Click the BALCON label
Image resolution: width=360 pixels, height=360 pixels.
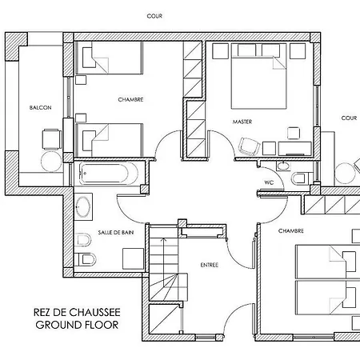(40, 108)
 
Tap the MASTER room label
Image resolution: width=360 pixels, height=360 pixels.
(242, 122)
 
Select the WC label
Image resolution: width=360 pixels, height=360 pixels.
(269, 182)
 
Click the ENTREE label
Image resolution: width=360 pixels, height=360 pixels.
(210, 265)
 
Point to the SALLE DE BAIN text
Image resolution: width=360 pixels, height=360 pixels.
(116, 233)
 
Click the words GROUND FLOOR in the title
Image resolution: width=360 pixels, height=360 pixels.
(77, 325)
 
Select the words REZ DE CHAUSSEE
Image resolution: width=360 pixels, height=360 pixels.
(77, 312)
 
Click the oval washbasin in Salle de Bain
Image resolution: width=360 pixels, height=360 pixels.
(82, 206)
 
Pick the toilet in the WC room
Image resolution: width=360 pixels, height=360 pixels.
(300, 178)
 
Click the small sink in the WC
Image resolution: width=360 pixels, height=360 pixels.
(283, 166)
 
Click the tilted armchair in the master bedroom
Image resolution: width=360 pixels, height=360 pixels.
(249, 146)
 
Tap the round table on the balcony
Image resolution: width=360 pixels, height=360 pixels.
(51, 162)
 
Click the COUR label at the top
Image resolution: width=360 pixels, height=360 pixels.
(154, 16)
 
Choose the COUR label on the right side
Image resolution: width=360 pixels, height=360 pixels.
(349, 118)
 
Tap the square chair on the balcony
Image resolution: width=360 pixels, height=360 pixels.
(51, 139)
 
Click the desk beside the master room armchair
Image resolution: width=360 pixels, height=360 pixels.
(294, 148)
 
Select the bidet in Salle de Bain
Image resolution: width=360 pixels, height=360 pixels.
(83, 240)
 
